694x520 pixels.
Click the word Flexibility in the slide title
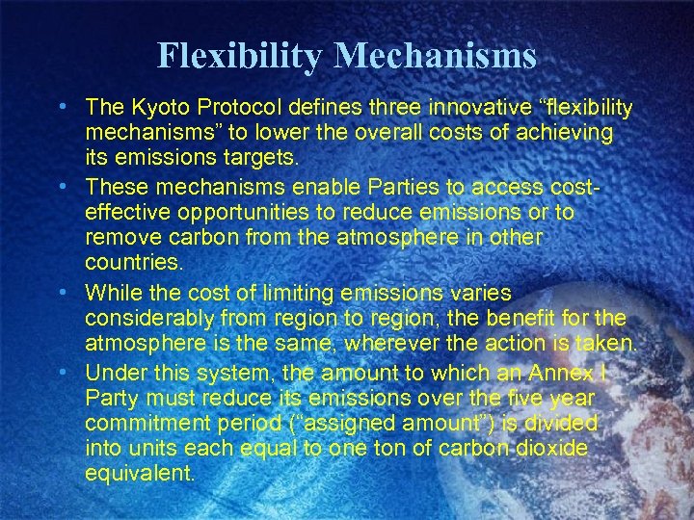click(241, 55)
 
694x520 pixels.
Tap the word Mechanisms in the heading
click(435, 55)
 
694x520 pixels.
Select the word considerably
click(147, 317)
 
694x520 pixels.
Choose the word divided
click(566, 422)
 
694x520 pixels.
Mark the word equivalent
click(140, 474)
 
